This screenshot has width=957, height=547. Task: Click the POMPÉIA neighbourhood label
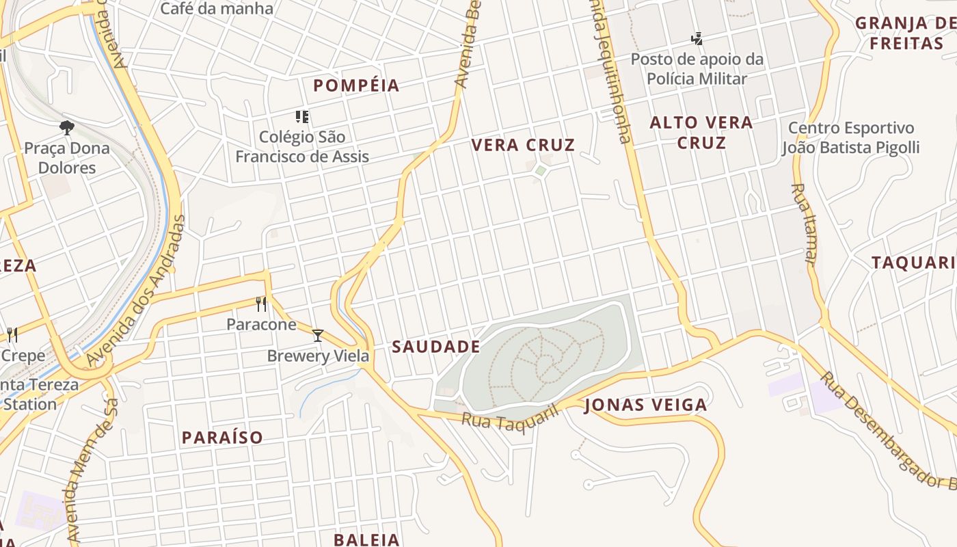[x=356, y=85]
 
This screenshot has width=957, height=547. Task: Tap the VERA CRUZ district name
[x=523, y=145]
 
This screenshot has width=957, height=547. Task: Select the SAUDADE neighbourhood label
[x=436, y=347]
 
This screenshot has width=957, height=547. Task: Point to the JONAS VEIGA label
[x=646, y=405]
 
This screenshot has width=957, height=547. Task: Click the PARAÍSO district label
[x=222, y=438]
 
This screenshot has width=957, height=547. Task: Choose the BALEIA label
[x=366, y=539]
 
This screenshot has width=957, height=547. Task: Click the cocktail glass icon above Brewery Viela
[x=317, y=335]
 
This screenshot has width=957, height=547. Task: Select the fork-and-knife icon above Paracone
[x=260, y=304]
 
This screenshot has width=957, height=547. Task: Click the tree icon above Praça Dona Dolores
[x=66, y=127]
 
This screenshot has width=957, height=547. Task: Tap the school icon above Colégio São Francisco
[x=301, y=117]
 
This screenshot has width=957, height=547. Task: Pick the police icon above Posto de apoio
[x=697, y=38]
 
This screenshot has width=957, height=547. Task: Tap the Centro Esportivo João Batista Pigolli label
[x=850, y=137]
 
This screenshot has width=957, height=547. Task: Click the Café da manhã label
[x=216, y=9]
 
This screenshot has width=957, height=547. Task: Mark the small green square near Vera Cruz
[x=541, y=170]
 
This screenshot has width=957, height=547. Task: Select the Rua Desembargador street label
[x=889, y=431]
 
